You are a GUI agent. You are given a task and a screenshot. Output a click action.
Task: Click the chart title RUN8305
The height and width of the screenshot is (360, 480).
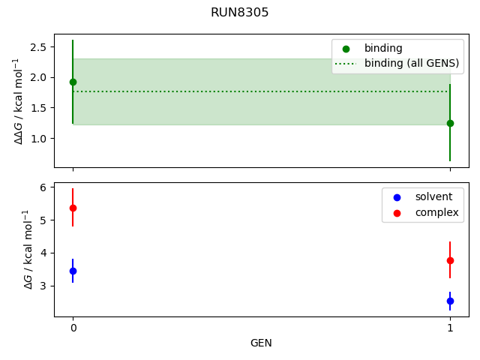point(239,13)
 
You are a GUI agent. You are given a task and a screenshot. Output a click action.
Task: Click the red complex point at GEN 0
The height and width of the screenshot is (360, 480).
point(73,208)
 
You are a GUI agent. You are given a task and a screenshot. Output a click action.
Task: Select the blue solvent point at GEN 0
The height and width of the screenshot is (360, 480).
point(73,271)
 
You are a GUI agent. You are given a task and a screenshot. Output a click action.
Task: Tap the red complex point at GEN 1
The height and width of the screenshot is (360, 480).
point(450,260)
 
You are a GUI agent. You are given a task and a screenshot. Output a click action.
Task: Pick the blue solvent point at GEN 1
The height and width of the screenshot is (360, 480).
point(450,301)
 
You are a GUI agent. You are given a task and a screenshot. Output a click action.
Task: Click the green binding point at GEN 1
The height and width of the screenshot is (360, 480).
point(450,123)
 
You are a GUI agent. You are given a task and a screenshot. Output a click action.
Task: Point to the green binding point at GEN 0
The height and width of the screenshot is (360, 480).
point(73,82)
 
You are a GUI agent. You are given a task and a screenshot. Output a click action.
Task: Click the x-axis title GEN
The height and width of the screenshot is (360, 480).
point(261,343)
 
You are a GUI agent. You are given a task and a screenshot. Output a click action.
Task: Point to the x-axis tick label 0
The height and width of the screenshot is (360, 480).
point(73,328)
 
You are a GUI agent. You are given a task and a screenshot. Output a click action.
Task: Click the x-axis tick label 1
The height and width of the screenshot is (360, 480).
point(450,328)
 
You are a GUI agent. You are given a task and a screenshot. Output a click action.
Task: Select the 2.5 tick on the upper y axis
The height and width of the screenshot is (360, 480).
point(40,46)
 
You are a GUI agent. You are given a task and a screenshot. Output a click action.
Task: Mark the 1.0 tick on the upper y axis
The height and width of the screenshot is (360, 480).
point(40,139)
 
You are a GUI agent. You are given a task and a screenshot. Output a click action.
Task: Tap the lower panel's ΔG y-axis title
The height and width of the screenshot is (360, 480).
point(28,249)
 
